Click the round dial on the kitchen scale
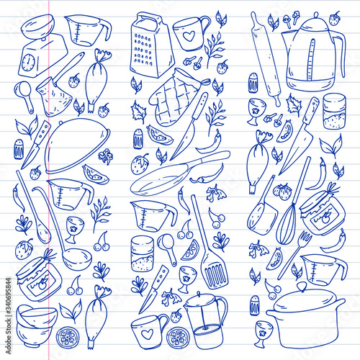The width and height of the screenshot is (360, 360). tap(28, 62)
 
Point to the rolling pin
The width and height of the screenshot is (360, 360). tap(266, 59)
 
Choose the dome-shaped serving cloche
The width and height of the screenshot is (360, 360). tap(77, 145)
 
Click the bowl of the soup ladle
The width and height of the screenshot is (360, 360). tap(77, 259)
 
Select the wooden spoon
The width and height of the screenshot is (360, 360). tap(33, 207)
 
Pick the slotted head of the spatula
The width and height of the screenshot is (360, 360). tap(215, 272)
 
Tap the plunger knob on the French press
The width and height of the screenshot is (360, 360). tap(199, 294)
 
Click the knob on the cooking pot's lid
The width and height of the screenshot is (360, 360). tap(302, 286)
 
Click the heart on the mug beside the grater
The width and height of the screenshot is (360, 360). tap(189, 36)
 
